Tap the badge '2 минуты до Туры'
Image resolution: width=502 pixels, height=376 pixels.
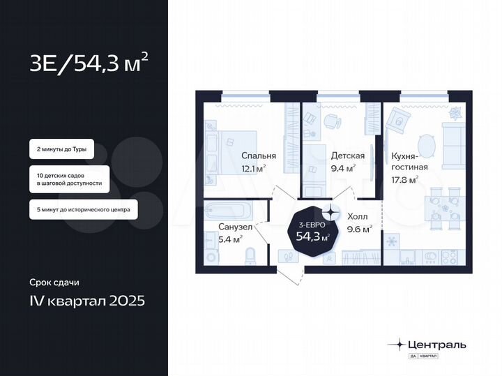[61, 149]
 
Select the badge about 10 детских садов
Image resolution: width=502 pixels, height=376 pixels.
[69, 179]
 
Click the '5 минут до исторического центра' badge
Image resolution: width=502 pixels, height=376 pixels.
[83, 209]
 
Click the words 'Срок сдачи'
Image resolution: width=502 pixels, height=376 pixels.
[54, 283]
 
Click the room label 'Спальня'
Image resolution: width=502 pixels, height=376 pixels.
[259, 156]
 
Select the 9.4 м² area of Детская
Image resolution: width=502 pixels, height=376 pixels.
[343, 168]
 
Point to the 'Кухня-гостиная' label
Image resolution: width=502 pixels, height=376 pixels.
[409, 162]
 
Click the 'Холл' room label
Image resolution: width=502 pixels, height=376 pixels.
[357, 216]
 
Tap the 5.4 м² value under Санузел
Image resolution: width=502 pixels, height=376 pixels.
[230, 239]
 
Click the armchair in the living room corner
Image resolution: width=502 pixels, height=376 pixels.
[398, 120]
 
